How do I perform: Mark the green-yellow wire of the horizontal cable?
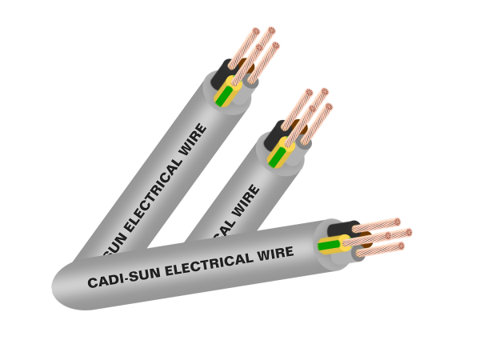[x=329, y=245]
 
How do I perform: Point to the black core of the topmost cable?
[x=221, y=78]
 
